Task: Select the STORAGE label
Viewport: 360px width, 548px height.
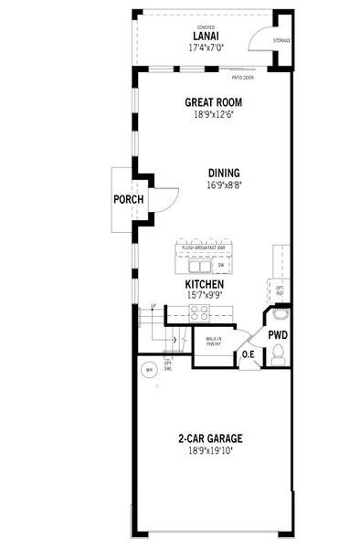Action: point(281,41)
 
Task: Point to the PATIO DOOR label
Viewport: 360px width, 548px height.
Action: point(243,78)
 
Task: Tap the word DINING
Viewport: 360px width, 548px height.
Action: point(224,173)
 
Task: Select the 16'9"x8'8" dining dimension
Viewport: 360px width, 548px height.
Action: point(224,184)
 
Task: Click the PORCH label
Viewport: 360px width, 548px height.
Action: point(126,199)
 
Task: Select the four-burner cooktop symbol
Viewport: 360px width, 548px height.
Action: point(200,312)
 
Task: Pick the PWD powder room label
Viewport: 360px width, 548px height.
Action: point(278,335)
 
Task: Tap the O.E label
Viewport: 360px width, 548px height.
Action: point(248,354)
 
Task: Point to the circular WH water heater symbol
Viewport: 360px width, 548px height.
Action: point(147,371)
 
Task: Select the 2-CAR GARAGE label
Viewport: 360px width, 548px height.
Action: point(210,438)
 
